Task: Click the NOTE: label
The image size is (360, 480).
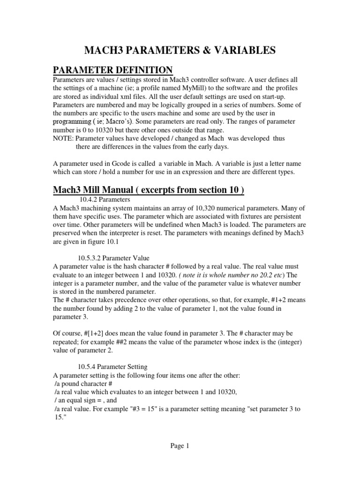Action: pyautogui.click(x=63, y=139)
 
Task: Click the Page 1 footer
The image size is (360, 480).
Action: pyautogui.click(x=180, y=446)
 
